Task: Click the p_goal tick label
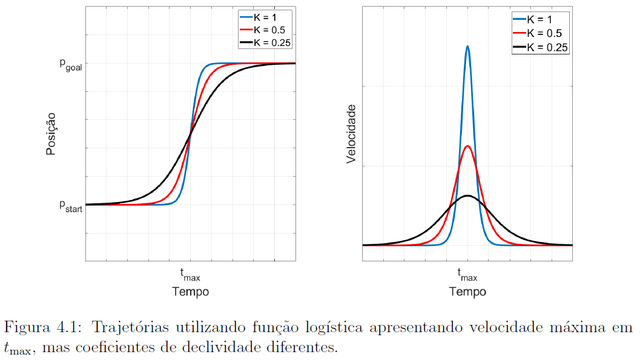(x=70, y=65)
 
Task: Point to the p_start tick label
(x=70, y=206)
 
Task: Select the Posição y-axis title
(x=51, y=134)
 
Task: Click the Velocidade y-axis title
(x=351, y=134)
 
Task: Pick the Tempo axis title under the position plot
(x=190, y=292)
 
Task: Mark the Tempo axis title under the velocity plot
(x=467, y=292)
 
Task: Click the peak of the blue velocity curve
(x=467, y=46)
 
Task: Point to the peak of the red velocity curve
(x=467, y=146)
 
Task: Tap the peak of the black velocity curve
(x=467, y=196)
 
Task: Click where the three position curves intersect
(x=191, y=134)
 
